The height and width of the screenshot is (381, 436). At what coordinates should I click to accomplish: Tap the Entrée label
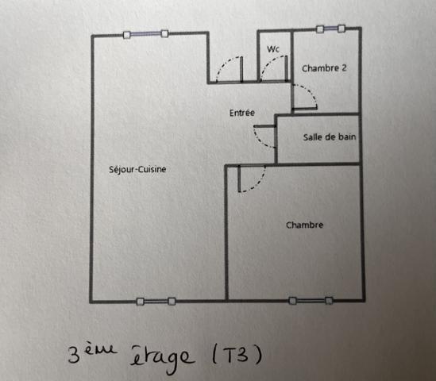tap(242, 113)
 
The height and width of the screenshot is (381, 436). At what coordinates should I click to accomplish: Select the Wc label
tap(274, 49)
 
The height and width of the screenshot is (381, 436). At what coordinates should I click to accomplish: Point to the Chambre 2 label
tap(324, 68)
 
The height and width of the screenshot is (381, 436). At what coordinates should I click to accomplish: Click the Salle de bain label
tap(329, 137)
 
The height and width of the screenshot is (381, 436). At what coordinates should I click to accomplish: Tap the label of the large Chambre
tap(304, 225)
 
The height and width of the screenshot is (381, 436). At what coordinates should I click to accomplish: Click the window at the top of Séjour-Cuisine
tap(146, 33)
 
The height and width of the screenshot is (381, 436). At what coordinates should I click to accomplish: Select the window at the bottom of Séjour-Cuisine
tap(156, 301)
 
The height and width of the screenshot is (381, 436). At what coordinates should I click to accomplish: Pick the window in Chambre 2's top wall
tap(330, 29)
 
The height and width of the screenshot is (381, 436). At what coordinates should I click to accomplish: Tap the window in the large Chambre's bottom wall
tap(311, 300)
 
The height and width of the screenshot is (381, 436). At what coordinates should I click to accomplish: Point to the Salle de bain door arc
tap(262, 140)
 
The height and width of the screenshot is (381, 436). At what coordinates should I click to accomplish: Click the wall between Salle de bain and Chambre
tap(318, 164)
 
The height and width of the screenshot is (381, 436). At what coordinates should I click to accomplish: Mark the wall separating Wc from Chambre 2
tap(291, 56)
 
